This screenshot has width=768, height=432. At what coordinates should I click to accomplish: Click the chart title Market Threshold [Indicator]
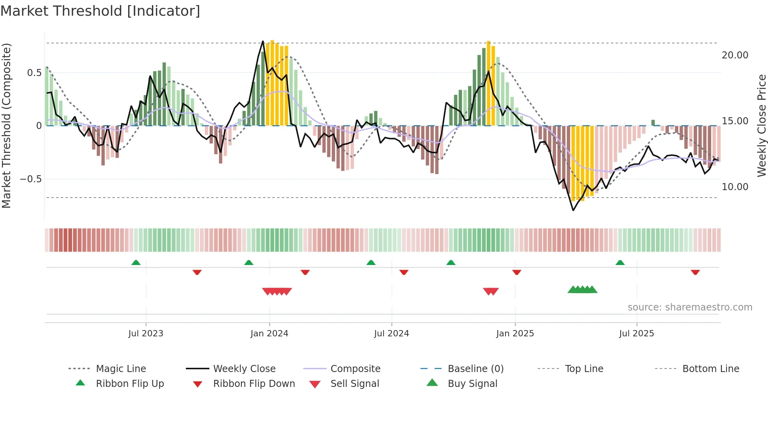(x=100, y=11)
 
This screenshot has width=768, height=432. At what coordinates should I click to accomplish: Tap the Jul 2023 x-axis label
(x=146, y=334)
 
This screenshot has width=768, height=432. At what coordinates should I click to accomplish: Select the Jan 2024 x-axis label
(x=269, y=334)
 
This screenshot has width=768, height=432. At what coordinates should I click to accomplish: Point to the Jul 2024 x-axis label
(x=391, y=334)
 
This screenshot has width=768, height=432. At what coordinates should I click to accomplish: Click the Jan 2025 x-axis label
(x=515, y=334)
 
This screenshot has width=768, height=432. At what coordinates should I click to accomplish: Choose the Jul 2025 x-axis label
(x=637, y=334)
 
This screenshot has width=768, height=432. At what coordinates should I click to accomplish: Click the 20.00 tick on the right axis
(x=735, y=55)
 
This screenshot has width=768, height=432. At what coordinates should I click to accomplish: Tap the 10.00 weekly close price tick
(x=735, y=187)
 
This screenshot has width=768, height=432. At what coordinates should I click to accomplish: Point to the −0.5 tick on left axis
(x=31, y=179)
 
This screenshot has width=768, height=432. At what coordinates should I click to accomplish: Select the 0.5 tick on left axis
(x=34, y=73)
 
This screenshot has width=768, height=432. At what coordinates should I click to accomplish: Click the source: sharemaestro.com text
(x=690, y=307)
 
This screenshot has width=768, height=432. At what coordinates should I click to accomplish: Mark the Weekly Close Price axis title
(x=762, y=125)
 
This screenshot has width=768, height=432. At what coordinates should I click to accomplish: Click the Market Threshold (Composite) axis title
(x=6, y=125)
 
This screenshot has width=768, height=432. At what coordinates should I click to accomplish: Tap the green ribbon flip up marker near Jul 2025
(x=620, y=263)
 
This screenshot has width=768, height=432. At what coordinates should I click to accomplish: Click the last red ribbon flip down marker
(x=695, y=272)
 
